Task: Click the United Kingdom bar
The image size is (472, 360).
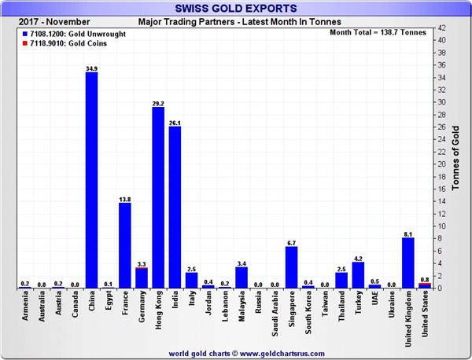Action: [408, 263]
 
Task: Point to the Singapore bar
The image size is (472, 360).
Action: [291, 267]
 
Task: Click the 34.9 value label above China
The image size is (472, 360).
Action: [91, 69]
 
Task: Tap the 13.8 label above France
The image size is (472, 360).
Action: [124, 199]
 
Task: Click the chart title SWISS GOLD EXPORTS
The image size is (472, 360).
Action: [235, 9]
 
